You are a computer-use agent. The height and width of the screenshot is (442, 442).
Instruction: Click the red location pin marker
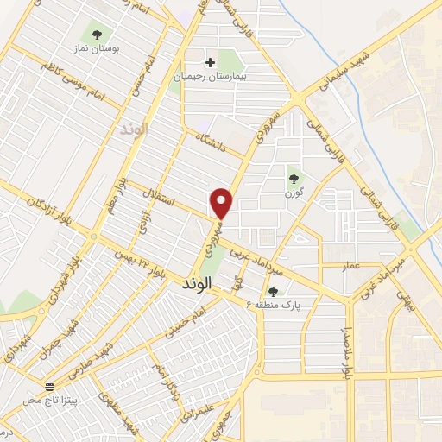(222, 202)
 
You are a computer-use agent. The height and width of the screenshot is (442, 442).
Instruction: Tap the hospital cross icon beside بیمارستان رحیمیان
(210, 62)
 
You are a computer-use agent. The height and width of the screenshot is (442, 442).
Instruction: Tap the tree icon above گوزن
(295, 179)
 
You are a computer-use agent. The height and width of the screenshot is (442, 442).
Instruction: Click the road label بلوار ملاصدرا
(349, 341)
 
